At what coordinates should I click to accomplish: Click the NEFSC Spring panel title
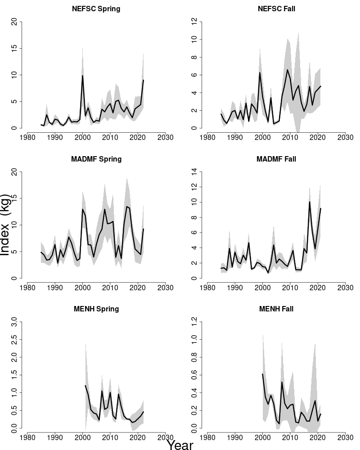click(x=96, y=9)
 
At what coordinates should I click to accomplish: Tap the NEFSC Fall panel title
click(x=276, y=9)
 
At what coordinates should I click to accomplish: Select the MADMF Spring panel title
click(x=96, y=159)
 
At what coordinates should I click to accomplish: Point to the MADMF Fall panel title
click(x=276, y=159)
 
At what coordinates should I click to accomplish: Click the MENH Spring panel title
click(x=96, y=309)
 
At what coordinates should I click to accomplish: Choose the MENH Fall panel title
click(x=276, y=309)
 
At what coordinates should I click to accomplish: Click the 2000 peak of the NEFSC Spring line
click(x=82, y=76)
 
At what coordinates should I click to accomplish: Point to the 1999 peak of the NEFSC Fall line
click(x=260, y=73)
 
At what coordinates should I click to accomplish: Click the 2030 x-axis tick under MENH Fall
click(x=345, y=437)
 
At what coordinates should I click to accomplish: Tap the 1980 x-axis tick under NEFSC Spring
click(x=27, y=136)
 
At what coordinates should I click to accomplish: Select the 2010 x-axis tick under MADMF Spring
click(x=110, y=287)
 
